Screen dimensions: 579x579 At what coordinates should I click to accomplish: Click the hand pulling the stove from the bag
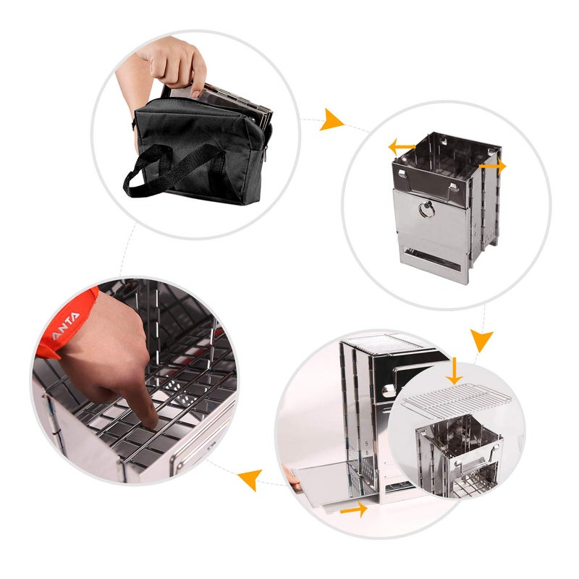(174, 64)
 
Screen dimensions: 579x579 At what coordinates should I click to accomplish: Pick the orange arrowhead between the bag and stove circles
(333, 119)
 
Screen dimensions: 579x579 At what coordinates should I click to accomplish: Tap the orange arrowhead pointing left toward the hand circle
(250, 478)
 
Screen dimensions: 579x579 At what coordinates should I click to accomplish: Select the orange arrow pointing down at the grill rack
(454, 370)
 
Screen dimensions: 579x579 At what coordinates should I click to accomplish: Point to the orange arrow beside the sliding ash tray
(353, 510)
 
